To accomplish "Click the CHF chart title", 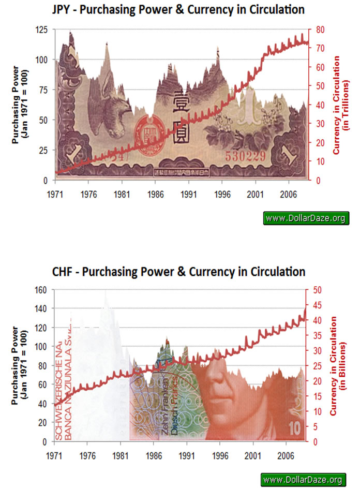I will [x=178, y=271].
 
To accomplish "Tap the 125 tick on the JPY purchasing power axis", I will [x=43, y=30].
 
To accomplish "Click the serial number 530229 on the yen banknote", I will [x=243, y=155].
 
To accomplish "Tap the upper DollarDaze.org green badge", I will [x=306, y=218].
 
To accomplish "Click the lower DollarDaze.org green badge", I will [x=306, y=479].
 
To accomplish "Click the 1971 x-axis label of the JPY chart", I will [x=55, y=190].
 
